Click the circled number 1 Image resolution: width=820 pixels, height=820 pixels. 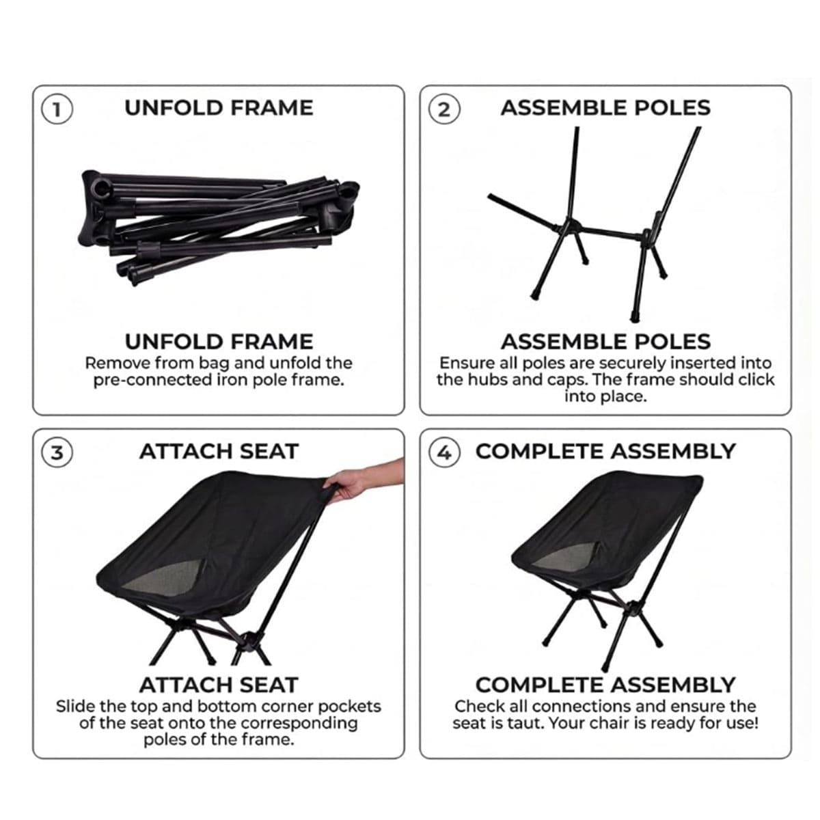coord(57,109)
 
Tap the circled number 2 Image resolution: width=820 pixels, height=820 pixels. coord(444,109)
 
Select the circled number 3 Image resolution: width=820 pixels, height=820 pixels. coord(57,452)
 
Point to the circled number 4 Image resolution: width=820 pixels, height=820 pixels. coord(444,452)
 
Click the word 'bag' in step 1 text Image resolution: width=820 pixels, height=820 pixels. coord(215,364)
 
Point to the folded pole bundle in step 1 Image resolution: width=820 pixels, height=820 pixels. coord(218,226)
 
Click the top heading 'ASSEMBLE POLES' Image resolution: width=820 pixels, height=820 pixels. coord(605,108)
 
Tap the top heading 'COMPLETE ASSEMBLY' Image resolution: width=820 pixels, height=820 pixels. coord(605,452)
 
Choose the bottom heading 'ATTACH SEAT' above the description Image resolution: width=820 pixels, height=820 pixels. coord(218,685)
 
